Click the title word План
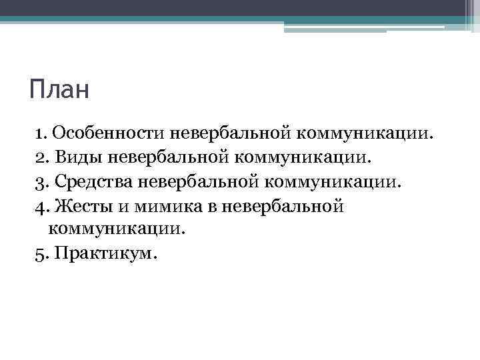click(x=59, y=89)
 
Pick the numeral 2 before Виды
click(x=38, y=157)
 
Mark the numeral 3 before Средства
click(x=38, y=181)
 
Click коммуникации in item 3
click(x=333, y=181)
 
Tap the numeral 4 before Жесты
click(x=38, y=206)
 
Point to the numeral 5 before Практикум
click(x=38, y=254)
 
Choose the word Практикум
click(x=107, y=254)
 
